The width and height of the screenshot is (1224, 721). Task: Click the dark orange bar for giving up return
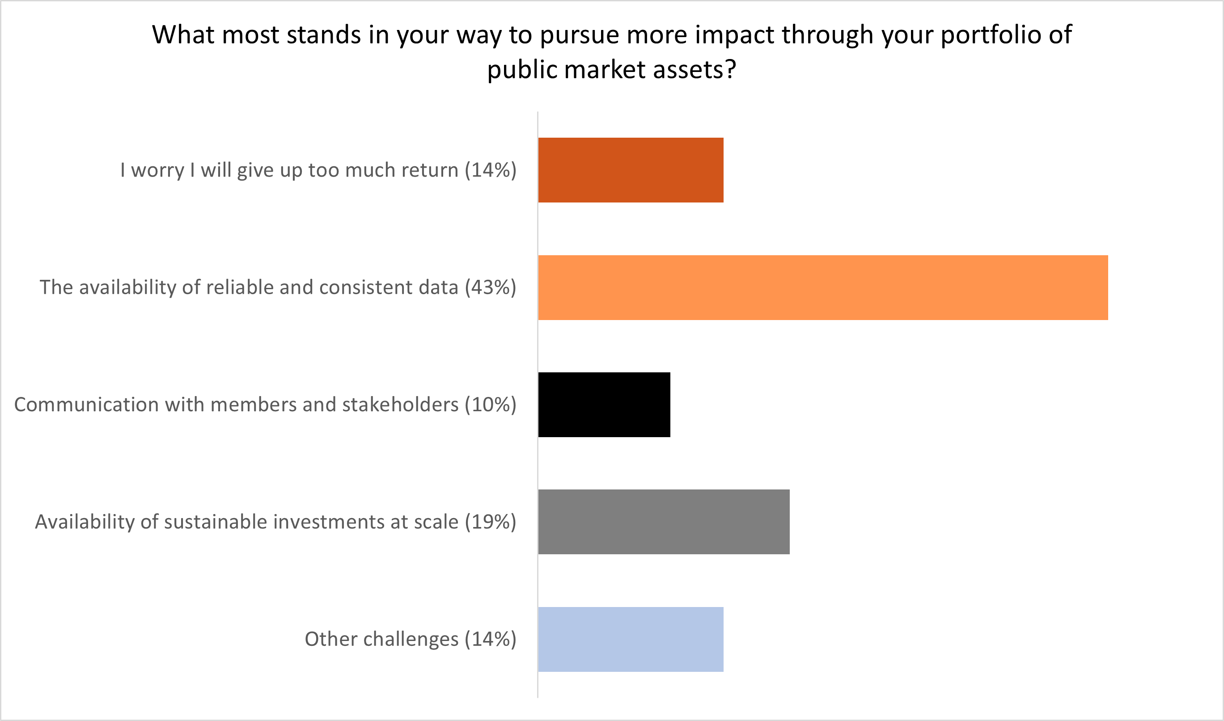[631, 170]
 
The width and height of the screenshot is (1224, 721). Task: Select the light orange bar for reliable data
[823, 287]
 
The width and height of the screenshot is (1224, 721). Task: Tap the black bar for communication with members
[604, 405]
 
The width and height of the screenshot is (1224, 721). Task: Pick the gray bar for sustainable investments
[664, 522]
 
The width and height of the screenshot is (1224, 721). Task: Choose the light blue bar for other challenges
[631, 639]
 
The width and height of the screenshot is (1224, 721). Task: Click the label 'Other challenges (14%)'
[410, 639]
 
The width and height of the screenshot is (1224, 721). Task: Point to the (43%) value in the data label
[491, 287]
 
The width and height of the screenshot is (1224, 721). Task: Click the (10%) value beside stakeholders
[491, 405]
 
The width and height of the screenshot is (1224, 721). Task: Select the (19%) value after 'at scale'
[491, 522]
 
